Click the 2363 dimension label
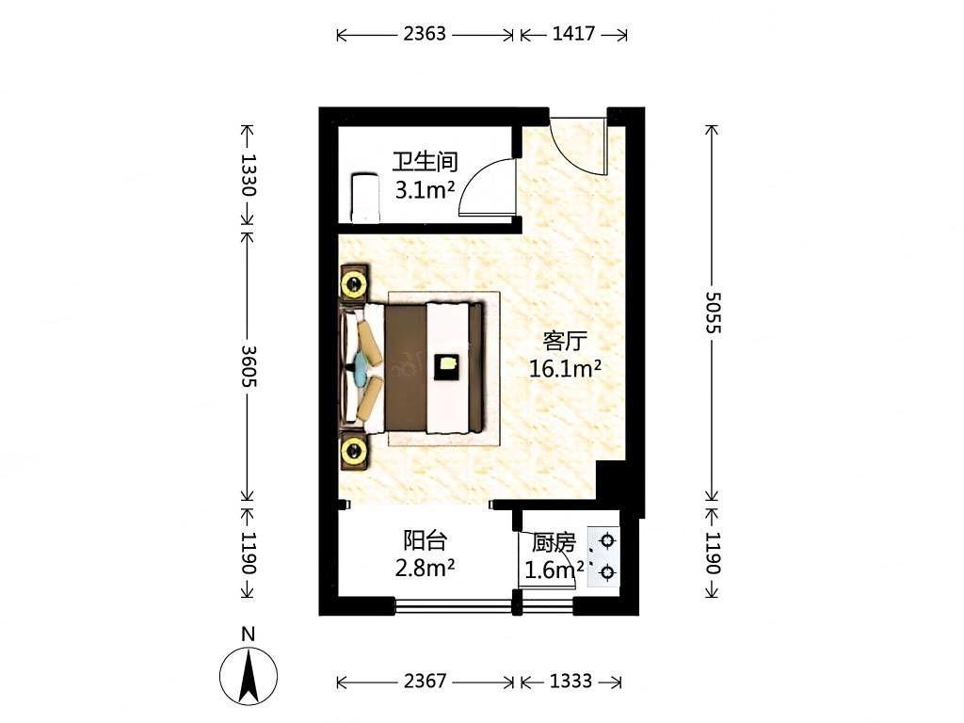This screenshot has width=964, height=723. point(425,34)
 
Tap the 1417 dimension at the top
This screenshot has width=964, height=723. point(573,34)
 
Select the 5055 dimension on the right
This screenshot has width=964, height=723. point(712,313)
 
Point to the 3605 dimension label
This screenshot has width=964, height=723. point(248,366)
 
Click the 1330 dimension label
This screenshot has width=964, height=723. point(248,174)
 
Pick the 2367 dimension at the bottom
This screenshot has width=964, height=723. point(425,682)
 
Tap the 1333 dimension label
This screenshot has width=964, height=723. point(570,682)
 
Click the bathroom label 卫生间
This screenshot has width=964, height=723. point(426,162)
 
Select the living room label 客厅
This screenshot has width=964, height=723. point(565,340)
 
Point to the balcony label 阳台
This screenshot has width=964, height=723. point(425,540)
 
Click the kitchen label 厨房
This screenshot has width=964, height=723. point(554,543)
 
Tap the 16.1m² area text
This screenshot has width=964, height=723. point(565,369)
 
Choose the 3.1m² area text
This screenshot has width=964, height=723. point(425,190)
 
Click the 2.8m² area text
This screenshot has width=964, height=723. point(425,568)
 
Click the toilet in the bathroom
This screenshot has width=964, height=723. point(365,198)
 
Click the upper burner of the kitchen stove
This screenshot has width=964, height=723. point(607,541)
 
